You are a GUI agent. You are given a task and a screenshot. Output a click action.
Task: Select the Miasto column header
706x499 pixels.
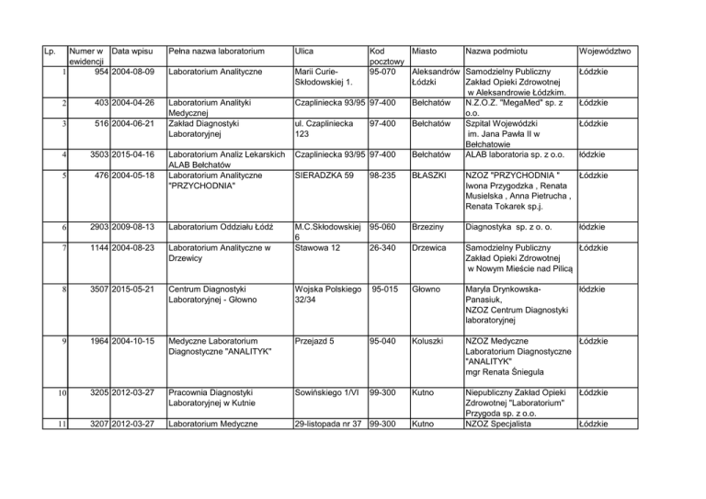424,51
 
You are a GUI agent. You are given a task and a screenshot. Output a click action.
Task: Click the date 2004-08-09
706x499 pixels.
131,72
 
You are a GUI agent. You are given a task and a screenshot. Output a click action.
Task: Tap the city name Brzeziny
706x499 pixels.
429,225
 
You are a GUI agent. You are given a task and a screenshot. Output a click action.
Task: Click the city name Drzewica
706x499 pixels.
431,246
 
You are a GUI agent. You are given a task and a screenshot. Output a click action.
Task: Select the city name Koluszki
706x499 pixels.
431,342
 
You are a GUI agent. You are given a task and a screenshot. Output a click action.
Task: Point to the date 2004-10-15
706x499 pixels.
131,342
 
